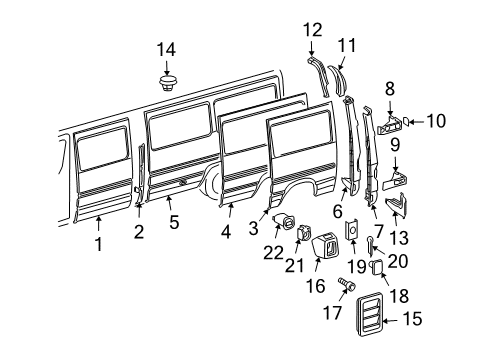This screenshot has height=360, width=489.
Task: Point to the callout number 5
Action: coord(174,224)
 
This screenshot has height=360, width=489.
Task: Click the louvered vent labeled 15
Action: coord(363,320)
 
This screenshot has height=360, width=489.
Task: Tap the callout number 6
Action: coord(338,213)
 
